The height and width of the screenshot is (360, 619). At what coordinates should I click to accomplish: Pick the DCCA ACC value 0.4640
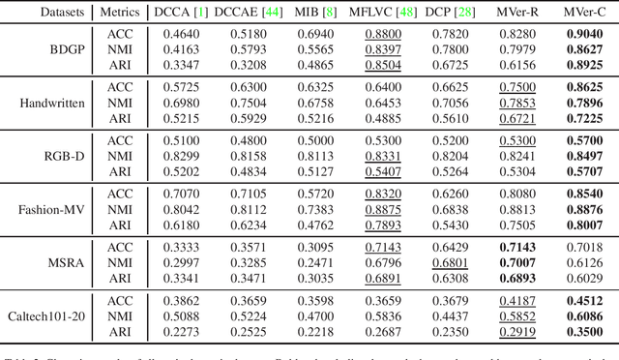170,33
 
